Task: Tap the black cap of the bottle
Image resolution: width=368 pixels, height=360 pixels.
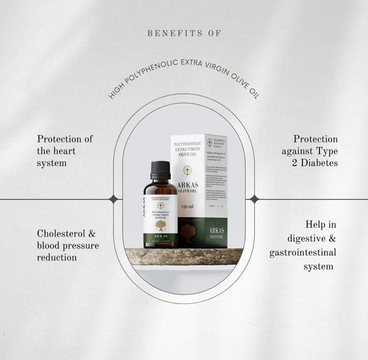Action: (x=160, y=170)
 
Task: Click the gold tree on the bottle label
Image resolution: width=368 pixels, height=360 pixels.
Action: (x=160, y=226)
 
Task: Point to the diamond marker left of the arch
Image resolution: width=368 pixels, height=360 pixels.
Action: (x=113, y=199)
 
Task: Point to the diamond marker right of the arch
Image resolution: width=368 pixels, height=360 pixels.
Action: (x=254, y=199)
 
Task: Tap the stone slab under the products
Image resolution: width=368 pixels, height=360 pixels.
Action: (x=184, y=257)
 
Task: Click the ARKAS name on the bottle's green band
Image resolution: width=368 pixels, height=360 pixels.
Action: (x=160, y=236)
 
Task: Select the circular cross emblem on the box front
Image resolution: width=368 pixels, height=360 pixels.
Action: (x=186, y=168)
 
